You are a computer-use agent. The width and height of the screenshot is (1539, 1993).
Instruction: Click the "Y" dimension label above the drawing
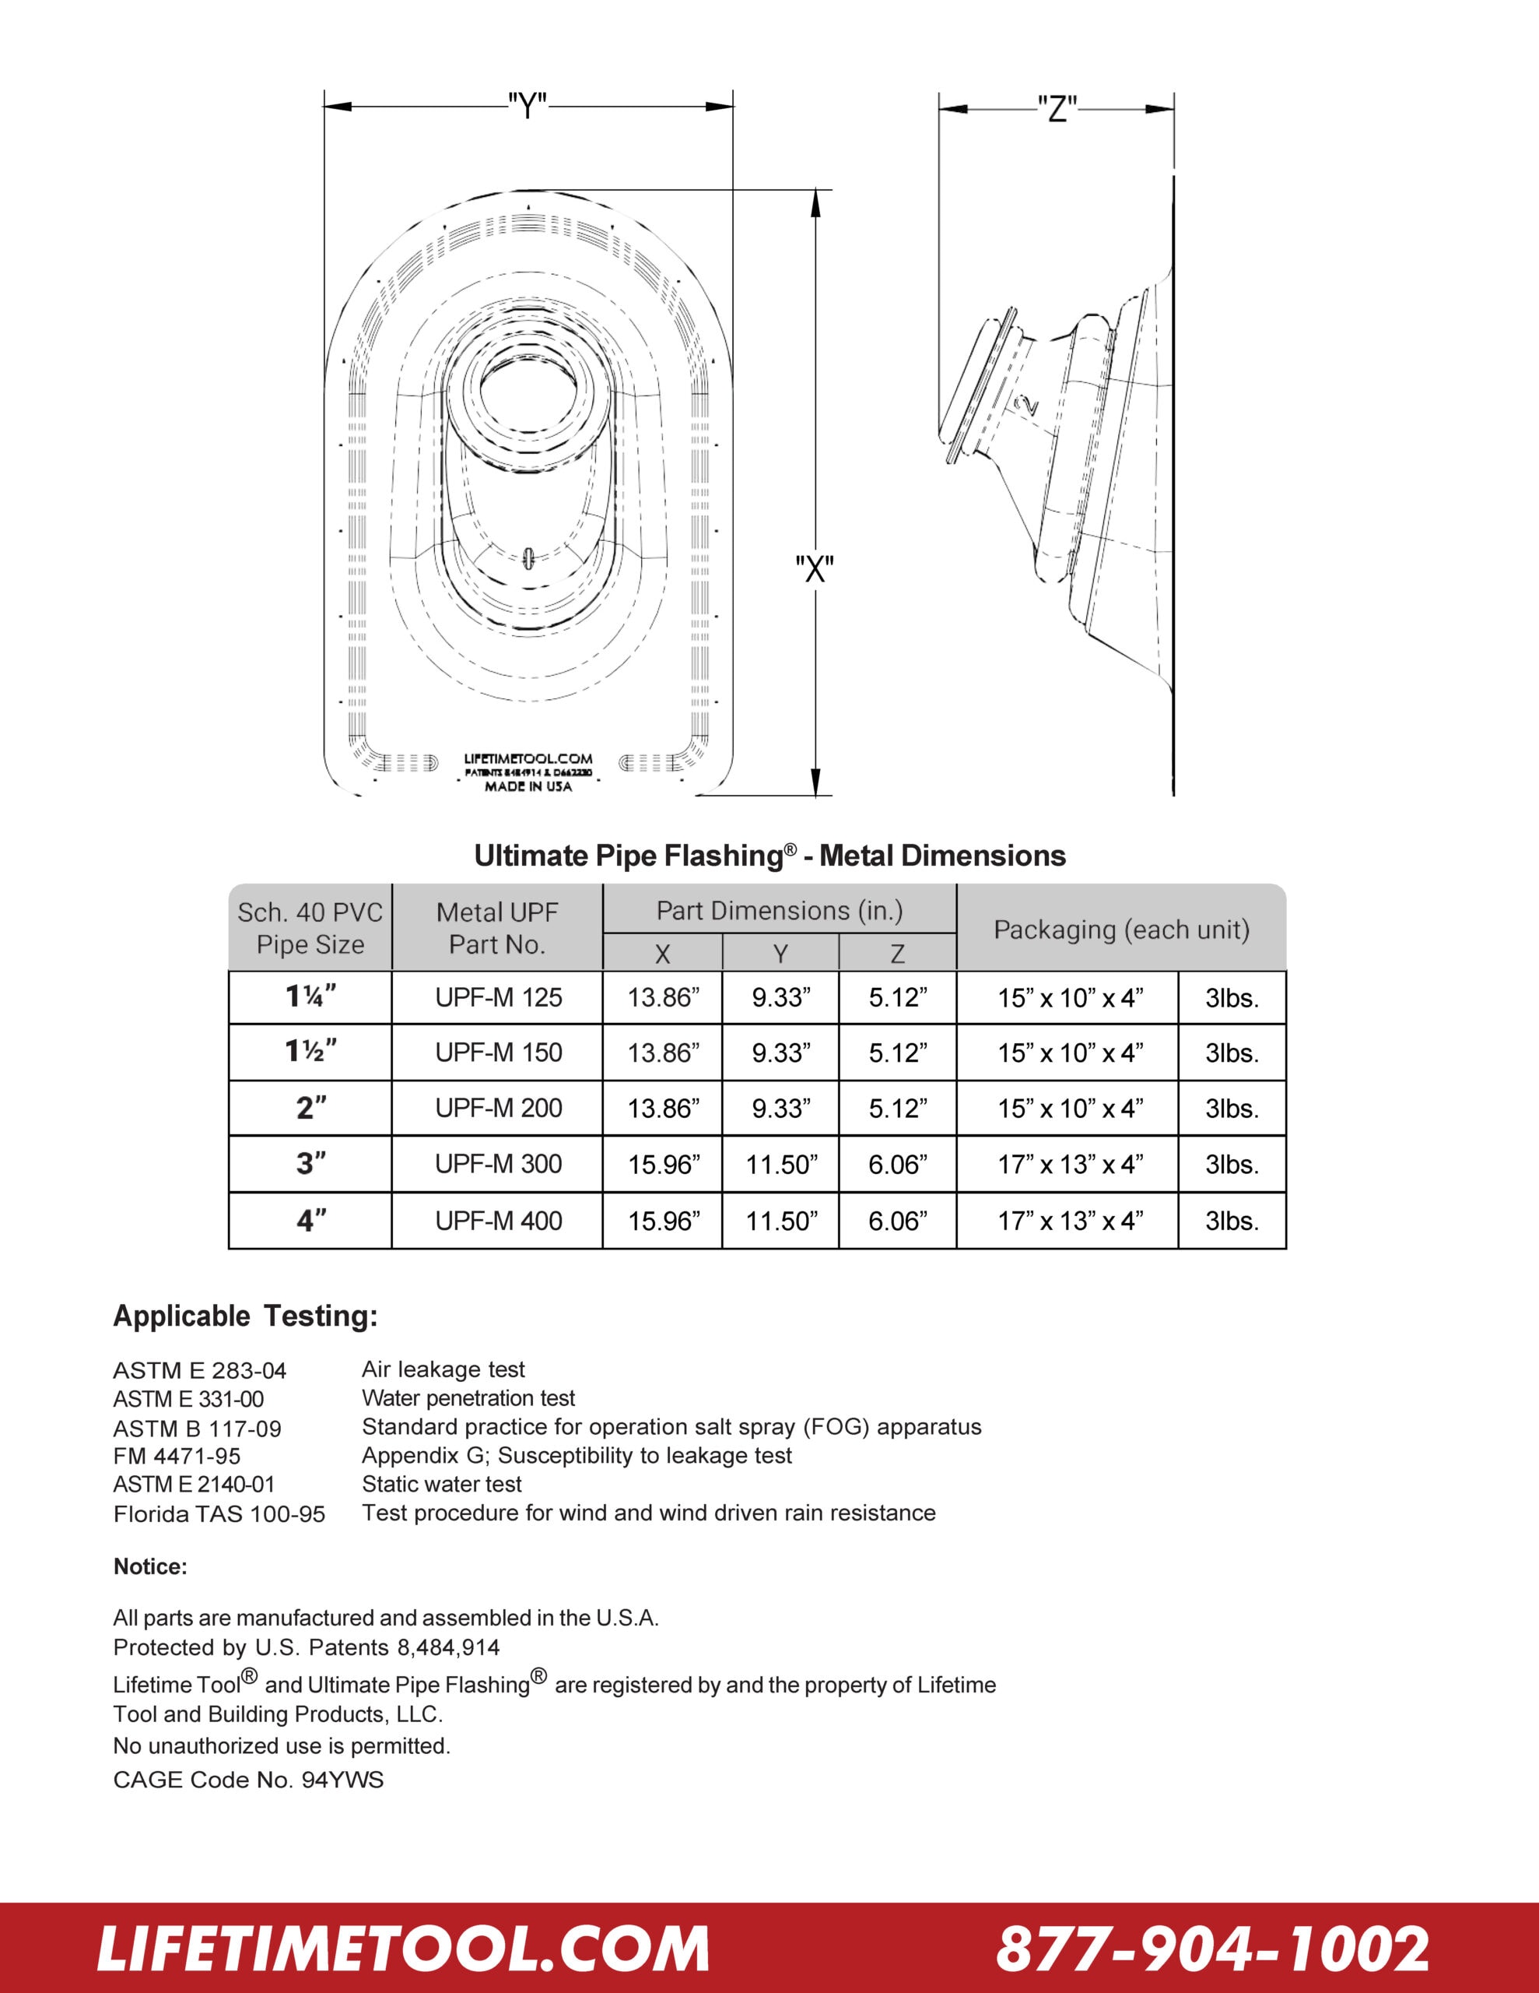(528, 107)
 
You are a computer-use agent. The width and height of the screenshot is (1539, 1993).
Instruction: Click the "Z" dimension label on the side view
(1057, 110)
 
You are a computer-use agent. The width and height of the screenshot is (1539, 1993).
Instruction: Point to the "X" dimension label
(814, 569)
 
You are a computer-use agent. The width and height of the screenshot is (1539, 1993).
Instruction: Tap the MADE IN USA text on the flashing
(528, 786)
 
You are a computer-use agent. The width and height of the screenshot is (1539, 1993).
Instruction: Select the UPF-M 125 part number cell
(498, 997)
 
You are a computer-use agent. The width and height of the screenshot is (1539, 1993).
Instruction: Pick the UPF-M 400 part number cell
(498, 1221)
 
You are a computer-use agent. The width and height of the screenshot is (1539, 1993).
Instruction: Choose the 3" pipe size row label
(310, 1165)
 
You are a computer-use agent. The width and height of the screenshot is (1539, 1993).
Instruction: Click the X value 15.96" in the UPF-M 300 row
(663, 1165)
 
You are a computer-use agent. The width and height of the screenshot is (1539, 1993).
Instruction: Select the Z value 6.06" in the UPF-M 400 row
(898, 1221)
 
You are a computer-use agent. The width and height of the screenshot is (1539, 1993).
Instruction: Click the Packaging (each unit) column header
(1121, 929)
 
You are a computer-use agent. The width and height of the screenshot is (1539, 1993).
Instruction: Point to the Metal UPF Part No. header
(497, 928)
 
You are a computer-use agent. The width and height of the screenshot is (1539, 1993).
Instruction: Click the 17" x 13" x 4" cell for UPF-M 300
(1069, 1165)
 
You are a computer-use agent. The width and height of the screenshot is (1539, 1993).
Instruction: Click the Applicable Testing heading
(244, 1316)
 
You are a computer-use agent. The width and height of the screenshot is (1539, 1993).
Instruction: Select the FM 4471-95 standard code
(177, 1457)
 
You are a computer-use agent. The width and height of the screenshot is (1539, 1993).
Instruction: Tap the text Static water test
(441, 1485)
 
